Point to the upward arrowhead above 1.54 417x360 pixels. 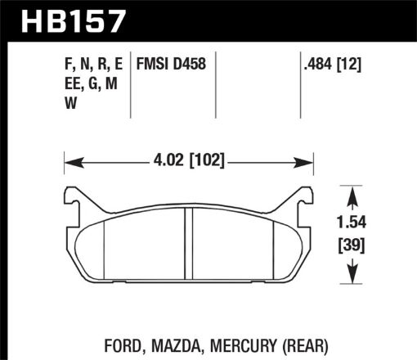click(352, 193)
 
